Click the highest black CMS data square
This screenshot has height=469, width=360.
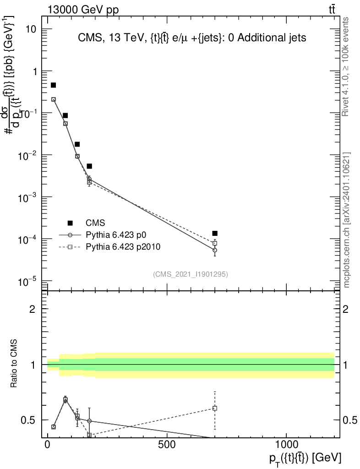point(53,85)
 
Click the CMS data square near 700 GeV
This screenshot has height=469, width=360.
point(215,234)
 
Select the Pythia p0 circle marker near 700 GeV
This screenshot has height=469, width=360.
point(215,250)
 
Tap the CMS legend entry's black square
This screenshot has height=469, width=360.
point(70,223)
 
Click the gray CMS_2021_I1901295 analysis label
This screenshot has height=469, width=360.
point(191,274)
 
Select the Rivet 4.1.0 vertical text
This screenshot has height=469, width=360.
point(346,66)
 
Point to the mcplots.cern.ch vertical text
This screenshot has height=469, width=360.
point(347,220)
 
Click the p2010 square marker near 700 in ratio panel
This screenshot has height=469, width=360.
point(215,408)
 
